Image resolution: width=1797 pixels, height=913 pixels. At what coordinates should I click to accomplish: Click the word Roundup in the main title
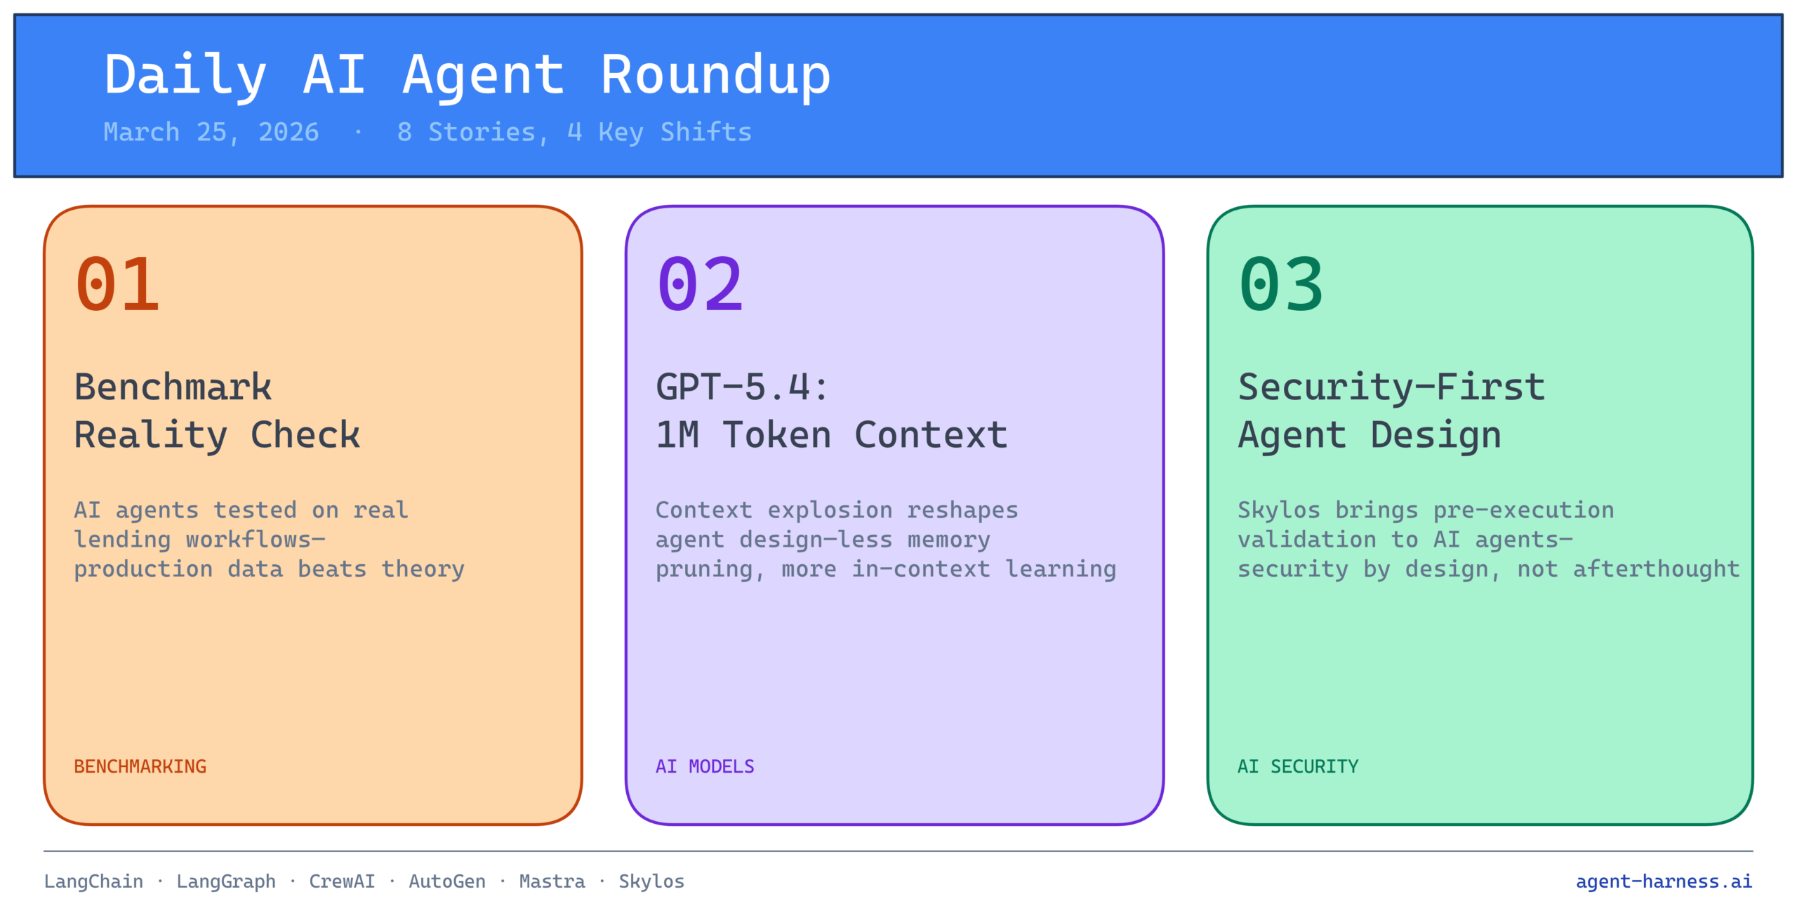pos(716,76)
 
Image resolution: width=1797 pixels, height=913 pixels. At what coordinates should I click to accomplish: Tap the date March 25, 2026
pos(211,133)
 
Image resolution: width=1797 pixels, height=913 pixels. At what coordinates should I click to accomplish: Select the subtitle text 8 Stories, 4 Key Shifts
pos(574,133)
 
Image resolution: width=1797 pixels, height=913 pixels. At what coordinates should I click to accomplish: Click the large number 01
pos(118,284)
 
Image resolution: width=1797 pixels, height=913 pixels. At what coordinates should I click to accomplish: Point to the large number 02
pos(700,284)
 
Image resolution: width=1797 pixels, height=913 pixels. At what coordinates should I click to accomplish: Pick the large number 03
pos(1282,284)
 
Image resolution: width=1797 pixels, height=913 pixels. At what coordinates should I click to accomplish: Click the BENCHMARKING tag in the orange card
pos(140,766)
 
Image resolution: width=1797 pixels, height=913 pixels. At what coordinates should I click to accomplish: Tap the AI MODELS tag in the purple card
pos(705,766)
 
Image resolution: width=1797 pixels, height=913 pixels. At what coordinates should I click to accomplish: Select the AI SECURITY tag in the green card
pos(1298,766)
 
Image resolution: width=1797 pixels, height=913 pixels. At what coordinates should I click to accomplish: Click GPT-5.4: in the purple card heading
pos(743,387)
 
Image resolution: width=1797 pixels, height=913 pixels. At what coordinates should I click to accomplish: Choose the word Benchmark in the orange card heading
pos(173,387)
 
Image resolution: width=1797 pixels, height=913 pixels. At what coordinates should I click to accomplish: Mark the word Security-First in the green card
pos(1391,387)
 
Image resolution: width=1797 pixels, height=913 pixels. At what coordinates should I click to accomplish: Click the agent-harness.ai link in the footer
pos(1664,881)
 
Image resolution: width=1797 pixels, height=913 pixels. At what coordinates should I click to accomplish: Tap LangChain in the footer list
pos(93,881)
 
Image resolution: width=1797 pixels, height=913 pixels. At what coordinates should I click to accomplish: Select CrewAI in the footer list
pos(342,881)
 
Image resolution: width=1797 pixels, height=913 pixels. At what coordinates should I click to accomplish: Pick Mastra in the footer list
pos(552,881)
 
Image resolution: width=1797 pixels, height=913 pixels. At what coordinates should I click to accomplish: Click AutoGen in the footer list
pos(447,881)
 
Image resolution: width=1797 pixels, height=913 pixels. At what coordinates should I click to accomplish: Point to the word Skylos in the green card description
pos(1278,510)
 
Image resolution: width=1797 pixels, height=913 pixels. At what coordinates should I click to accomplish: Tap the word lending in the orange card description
pos(122,540)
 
